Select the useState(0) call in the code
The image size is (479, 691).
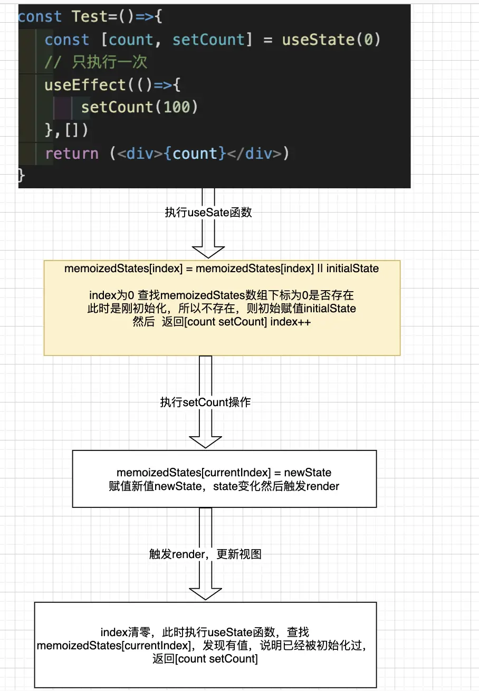pyautogui.click(x=331, y=40)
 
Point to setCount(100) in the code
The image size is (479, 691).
pyautogui.click(x=139, y=108)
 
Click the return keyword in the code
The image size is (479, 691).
pyautogui.click(x=72, y=153)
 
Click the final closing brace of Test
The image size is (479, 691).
pyautogui.click(x=22, y=175)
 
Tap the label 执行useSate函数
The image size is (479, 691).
pyautogui.click(x=208, y=213)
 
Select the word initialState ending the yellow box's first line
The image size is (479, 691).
pyautogui.click(x=352, y=268)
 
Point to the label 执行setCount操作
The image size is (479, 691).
pyautogui.click(x=205, y=402)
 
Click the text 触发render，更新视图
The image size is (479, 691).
pyautogui.click(x=205, y=554)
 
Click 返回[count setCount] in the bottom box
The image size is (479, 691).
pyautogui.click(x=205, y=658)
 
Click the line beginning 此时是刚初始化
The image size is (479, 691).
pyautogui.click(x=222, y=308)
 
